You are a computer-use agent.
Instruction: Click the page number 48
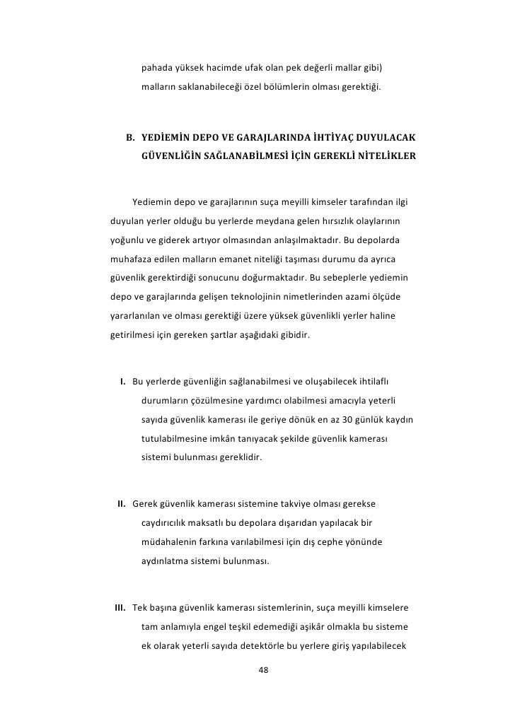(265, 670)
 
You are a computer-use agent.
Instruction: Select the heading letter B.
(129, 136)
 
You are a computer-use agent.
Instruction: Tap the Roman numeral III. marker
(119, 608)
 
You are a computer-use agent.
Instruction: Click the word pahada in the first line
(156, 69)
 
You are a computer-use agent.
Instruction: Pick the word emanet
(245, 256)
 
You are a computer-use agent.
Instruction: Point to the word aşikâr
(309, 626)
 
